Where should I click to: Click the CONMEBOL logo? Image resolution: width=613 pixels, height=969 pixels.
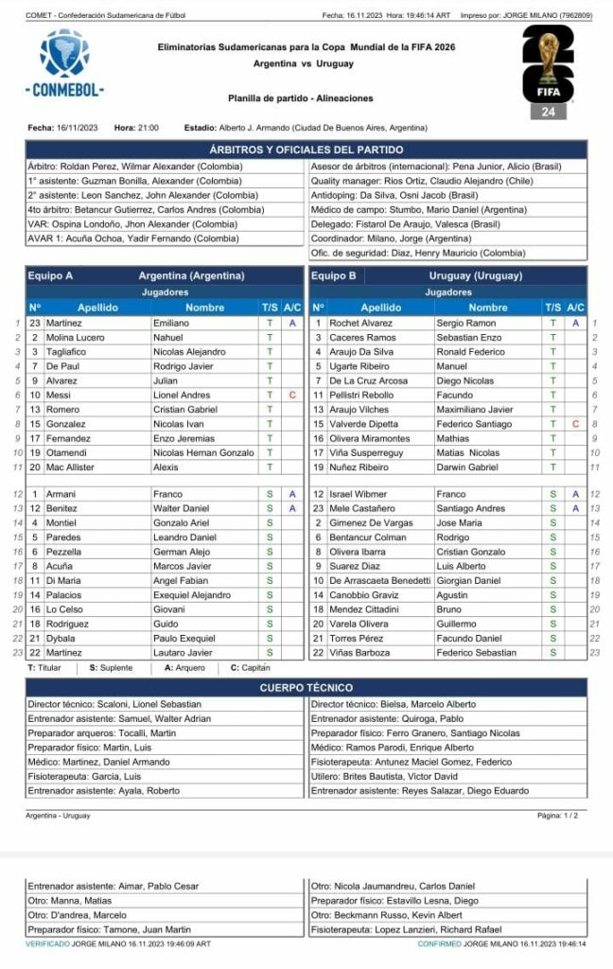click(64, 64)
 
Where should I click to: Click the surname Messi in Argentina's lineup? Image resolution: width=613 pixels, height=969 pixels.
click(59, 395)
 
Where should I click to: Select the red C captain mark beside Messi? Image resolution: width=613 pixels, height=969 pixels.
click(292, 395)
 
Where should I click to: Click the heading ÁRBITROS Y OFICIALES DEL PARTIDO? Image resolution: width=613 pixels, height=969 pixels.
click(306, 150)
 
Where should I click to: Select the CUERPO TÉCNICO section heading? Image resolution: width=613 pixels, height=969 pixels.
click(306, 687)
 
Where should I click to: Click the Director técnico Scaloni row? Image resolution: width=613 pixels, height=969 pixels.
click(114, 704)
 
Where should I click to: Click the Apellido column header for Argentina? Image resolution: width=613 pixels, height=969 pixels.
click(97, 308)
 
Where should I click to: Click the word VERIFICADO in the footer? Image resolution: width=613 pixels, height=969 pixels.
click(47, 944)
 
